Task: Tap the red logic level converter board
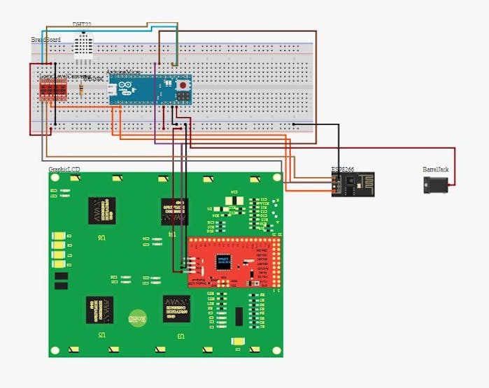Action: pos(53,90)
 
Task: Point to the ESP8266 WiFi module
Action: pos(353,185)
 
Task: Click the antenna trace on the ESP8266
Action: pos(363,185)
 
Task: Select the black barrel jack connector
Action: pos(436,185)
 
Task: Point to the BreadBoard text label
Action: pos(46,40)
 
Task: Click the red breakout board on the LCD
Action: pos(234,262)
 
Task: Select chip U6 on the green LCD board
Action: pos(102,210)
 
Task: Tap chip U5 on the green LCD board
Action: pos(100,310)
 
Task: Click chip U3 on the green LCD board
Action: pos(176,308)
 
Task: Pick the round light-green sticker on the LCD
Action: pos(136,318)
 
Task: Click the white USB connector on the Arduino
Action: pos(113,89)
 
